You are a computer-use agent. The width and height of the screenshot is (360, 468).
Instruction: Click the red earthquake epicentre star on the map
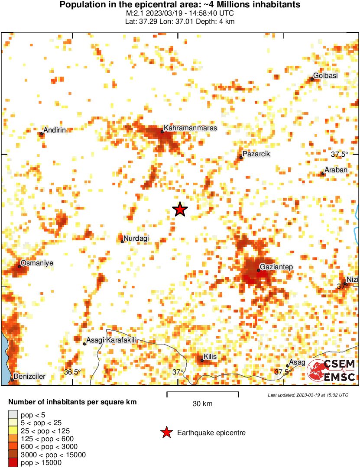180,210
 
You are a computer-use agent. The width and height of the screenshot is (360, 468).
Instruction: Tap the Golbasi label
325,75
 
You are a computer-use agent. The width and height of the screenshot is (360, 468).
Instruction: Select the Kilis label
210,356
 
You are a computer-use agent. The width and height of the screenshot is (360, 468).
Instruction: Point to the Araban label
336,170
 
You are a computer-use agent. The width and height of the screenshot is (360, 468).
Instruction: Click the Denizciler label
29,377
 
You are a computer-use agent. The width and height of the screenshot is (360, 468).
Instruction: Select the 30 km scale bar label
202,404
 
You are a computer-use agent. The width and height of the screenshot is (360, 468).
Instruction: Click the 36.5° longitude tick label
72,372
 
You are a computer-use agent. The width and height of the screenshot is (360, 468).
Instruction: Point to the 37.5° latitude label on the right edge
339,154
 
